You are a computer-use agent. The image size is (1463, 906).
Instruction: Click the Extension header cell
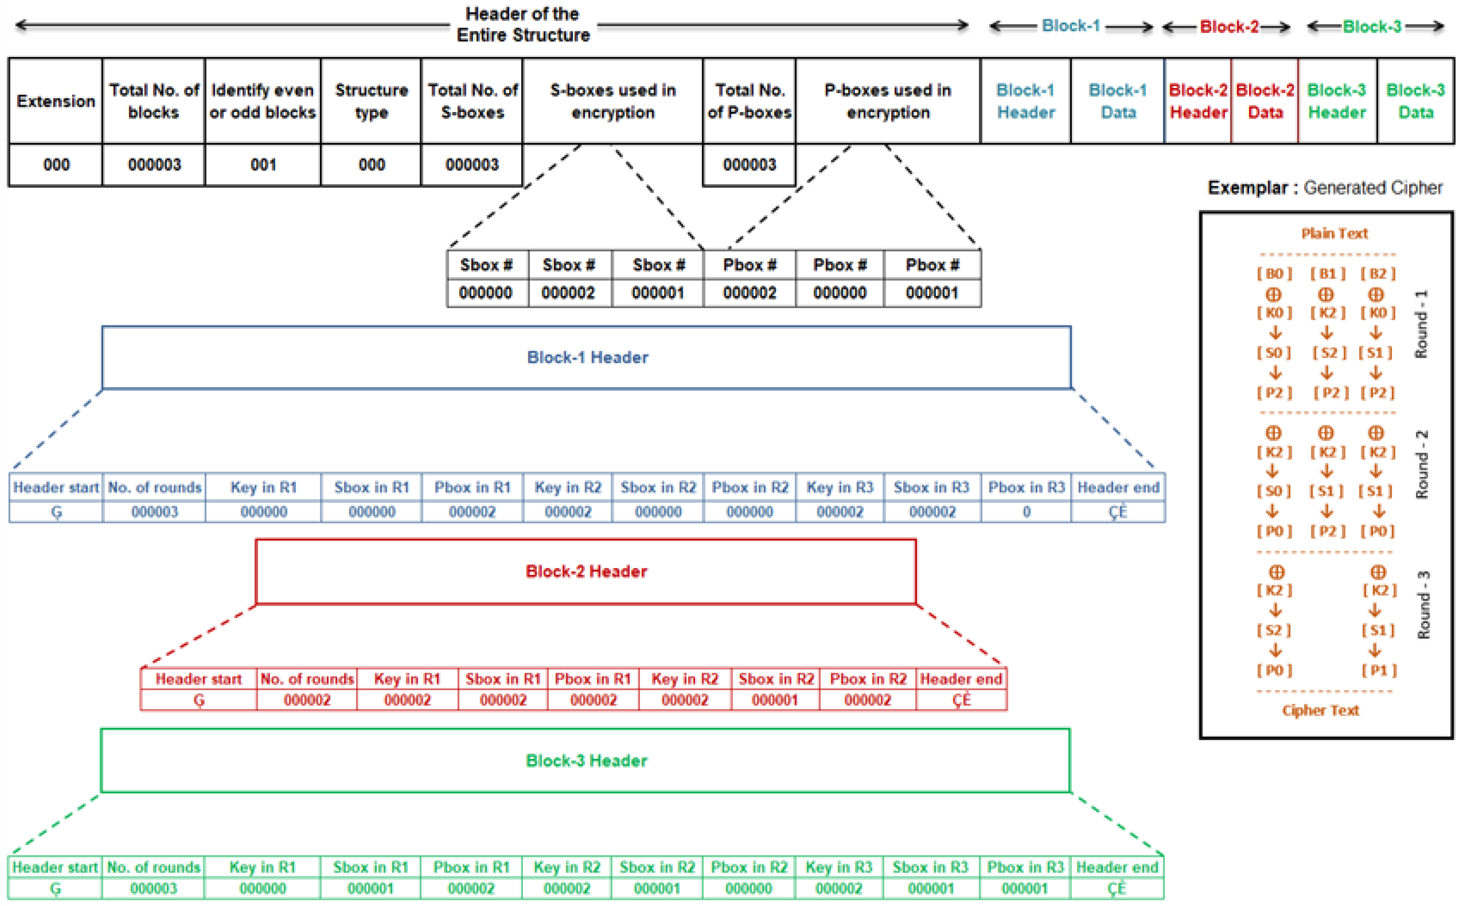coord(56,101)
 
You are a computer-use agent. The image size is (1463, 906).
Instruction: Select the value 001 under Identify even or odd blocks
coord(263,165)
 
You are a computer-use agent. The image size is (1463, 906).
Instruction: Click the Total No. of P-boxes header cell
coord(749,101)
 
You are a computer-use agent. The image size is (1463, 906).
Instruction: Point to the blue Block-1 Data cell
coord(1118,101)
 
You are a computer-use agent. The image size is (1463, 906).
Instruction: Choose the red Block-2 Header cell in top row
coord(1198,101)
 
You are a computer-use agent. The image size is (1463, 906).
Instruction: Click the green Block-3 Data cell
coord(1416,101)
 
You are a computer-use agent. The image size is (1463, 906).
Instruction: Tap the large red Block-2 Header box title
coord(586,571)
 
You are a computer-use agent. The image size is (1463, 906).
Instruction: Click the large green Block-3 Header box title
coord(586,760)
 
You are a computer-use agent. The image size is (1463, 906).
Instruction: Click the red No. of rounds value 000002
coord(307,700)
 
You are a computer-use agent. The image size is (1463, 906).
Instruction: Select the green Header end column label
coord(1117,867)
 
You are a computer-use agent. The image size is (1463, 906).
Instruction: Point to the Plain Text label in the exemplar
coord(1334,233)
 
